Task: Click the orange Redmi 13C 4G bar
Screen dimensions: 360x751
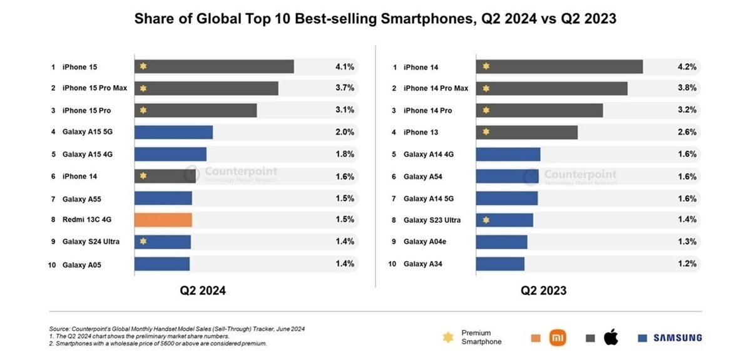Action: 163,220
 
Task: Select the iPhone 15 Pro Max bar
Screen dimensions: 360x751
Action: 206,88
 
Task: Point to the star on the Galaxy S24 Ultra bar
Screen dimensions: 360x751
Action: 143,242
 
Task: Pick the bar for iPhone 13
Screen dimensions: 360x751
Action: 526,132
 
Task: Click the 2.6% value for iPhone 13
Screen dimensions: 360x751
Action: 687,132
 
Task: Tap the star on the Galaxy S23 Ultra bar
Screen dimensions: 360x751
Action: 485,220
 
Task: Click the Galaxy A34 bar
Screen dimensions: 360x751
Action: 500,264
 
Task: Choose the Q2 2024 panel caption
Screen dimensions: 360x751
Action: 203,291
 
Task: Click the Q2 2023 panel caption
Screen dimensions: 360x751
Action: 544,291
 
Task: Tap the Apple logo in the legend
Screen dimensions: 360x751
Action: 611,338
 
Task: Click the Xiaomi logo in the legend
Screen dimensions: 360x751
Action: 557,338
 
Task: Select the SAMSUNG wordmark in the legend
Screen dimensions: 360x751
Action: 677,338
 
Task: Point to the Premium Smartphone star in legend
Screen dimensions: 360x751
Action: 448,337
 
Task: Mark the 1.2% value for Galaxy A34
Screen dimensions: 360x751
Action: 687,264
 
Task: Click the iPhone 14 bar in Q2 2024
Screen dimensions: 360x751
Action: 162,177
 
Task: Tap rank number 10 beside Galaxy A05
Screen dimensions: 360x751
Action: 53,265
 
